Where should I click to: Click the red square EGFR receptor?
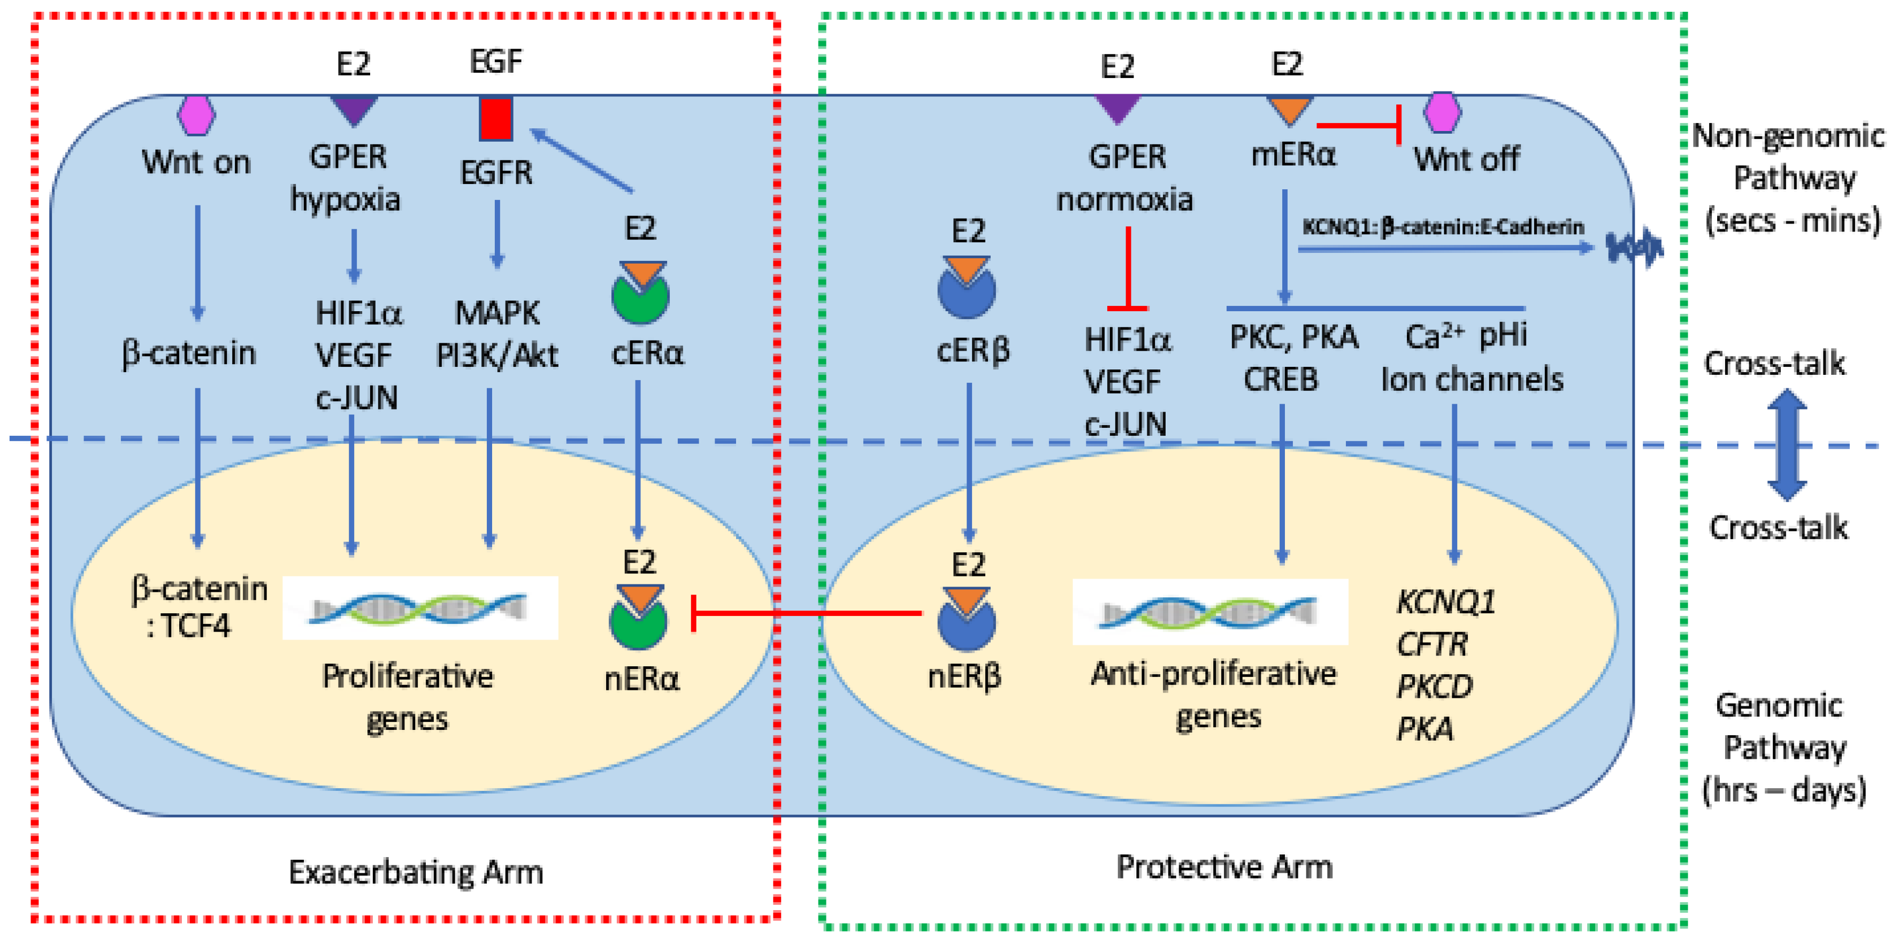tap(495, 118)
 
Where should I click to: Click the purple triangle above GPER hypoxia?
tap(354, 109)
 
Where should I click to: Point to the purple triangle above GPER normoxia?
tap(1117, 107)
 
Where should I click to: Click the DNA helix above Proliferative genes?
tap(419, 609)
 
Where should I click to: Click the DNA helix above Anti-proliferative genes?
tap(1209, 612)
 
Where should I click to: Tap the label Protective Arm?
tap(1224, 867)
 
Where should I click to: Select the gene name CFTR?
tap(1431, 645)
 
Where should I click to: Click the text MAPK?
tap(497, 313)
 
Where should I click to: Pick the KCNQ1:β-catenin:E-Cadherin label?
tap(1443, 227)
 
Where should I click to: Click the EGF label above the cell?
tap(495, 61)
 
